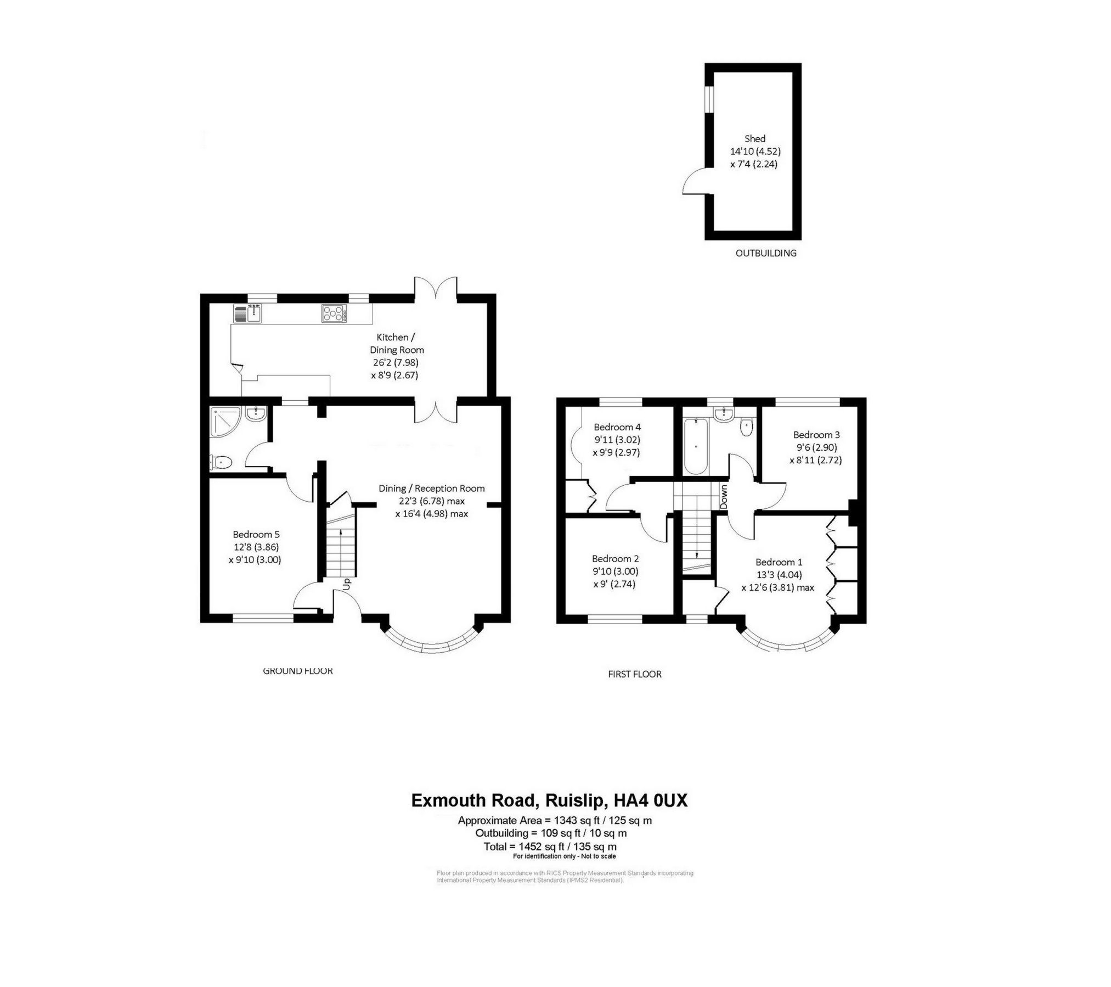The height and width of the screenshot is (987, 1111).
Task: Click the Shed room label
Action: (x=754, y=139)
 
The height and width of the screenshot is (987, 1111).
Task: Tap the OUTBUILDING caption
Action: (x=765, y=253)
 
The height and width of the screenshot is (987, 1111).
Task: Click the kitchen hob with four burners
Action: (x=333, y=313)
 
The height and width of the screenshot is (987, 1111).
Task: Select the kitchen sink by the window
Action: (x=255, y=313)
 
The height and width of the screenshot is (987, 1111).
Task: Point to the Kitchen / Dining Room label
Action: (x=396, y=343)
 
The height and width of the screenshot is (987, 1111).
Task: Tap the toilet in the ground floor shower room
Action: (x=221, y=463)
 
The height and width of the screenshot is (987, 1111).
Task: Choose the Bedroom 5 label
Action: (x=256, y=534)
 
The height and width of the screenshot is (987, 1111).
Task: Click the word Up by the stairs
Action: (x=346, y=584)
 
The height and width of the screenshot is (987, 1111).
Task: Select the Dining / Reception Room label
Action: (x=431, y=488)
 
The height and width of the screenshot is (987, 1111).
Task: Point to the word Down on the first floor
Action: (x=724, y=497)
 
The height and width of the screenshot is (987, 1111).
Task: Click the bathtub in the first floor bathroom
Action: (x=696, y=446)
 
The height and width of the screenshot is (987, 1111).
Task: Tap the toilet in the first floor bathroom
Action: (x=746, y=427)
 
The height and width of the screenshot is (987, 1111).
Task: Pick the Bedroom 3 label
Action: (x=816, y=434)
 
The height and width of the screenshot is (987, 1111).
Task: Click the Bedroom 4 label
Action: (x=617, y=427)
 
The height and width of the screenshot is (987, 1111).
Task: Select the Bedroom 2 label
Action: (x=615, y=558)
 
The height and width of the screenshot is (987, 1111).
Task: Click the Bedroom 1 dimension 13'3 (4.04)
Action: (x=779, y=575)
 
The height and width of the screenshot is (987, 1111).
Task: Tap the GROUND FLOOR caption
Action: (x=297, y=670)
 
